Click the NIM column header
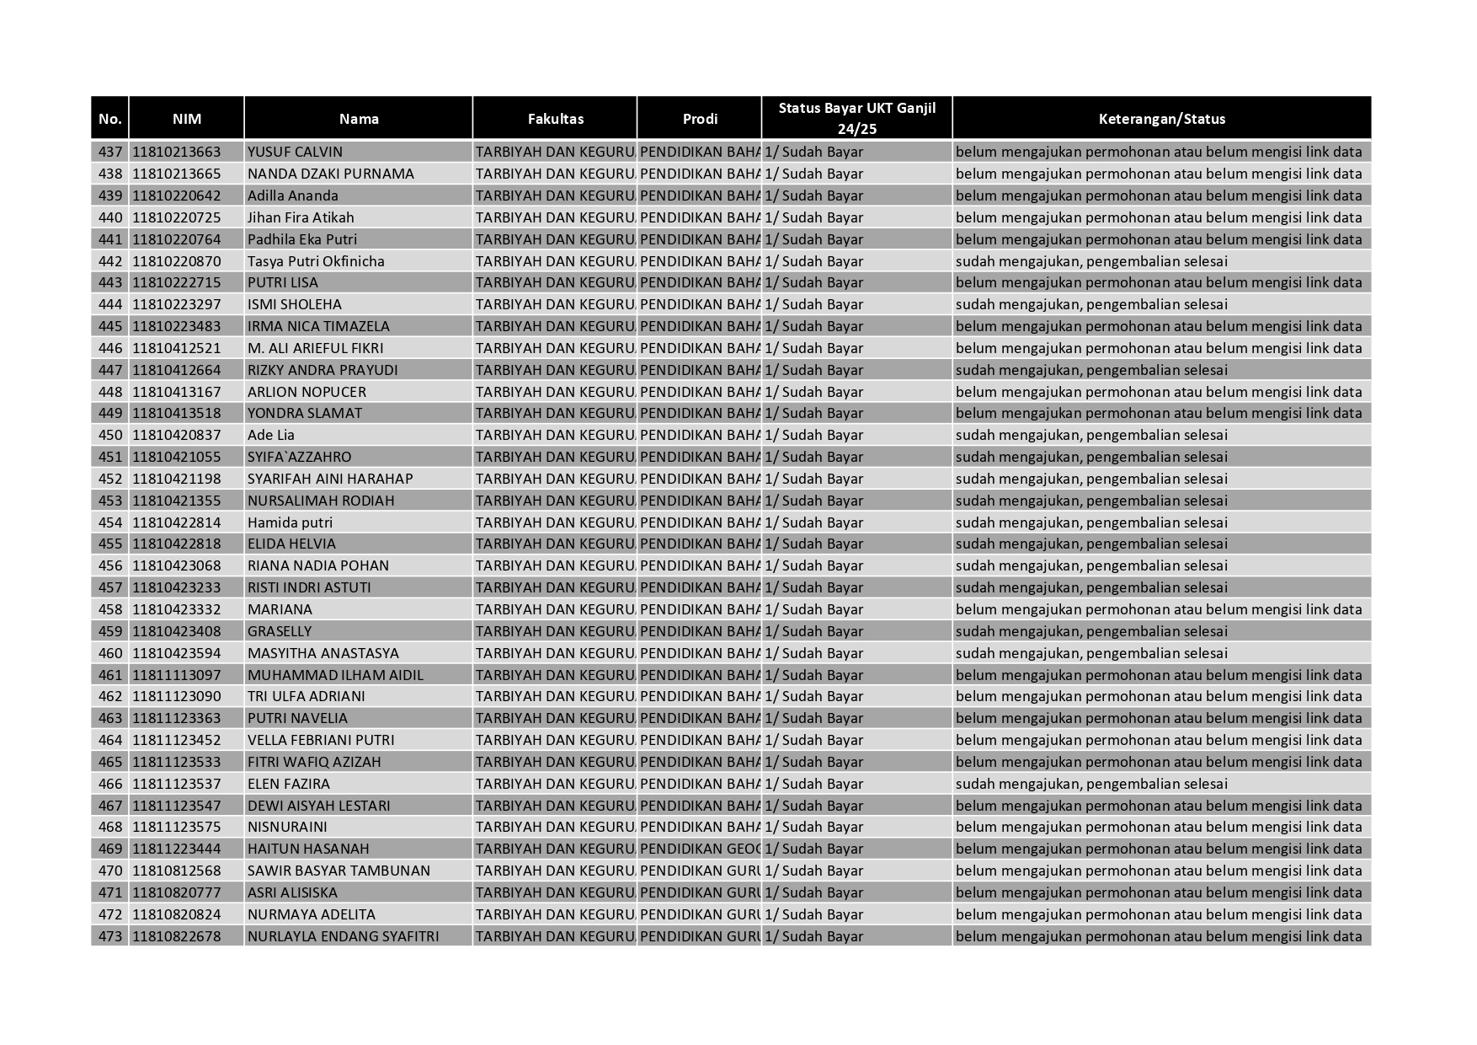(186, 119)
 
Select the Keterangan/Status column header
(1161, 119)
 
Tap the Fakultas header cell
(555, 119)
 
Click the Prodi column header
(699, 119)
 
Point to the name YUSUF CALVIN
(295, 152)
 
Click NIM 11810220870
(176, 261)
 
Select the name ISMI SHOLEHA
(294, 304)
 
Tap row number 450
(110, 435)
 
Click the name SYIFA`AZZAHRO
(299, 457)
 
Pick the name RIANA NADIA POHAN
(317, 565)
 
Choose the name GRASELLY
(280, 631)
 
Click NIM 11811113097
(176, 675)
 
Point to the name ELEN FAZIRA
(288, 784)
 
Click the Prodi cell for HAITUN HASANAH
(699, 849)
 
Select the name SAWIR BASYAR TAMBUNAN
(339, 871)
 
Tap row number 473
(110, 936)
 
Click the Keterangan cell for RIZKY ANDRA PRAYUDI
(1091, 370)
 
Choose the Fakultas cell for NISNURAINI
(555, 827)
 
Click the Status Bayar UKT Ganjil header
(856, 118)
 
